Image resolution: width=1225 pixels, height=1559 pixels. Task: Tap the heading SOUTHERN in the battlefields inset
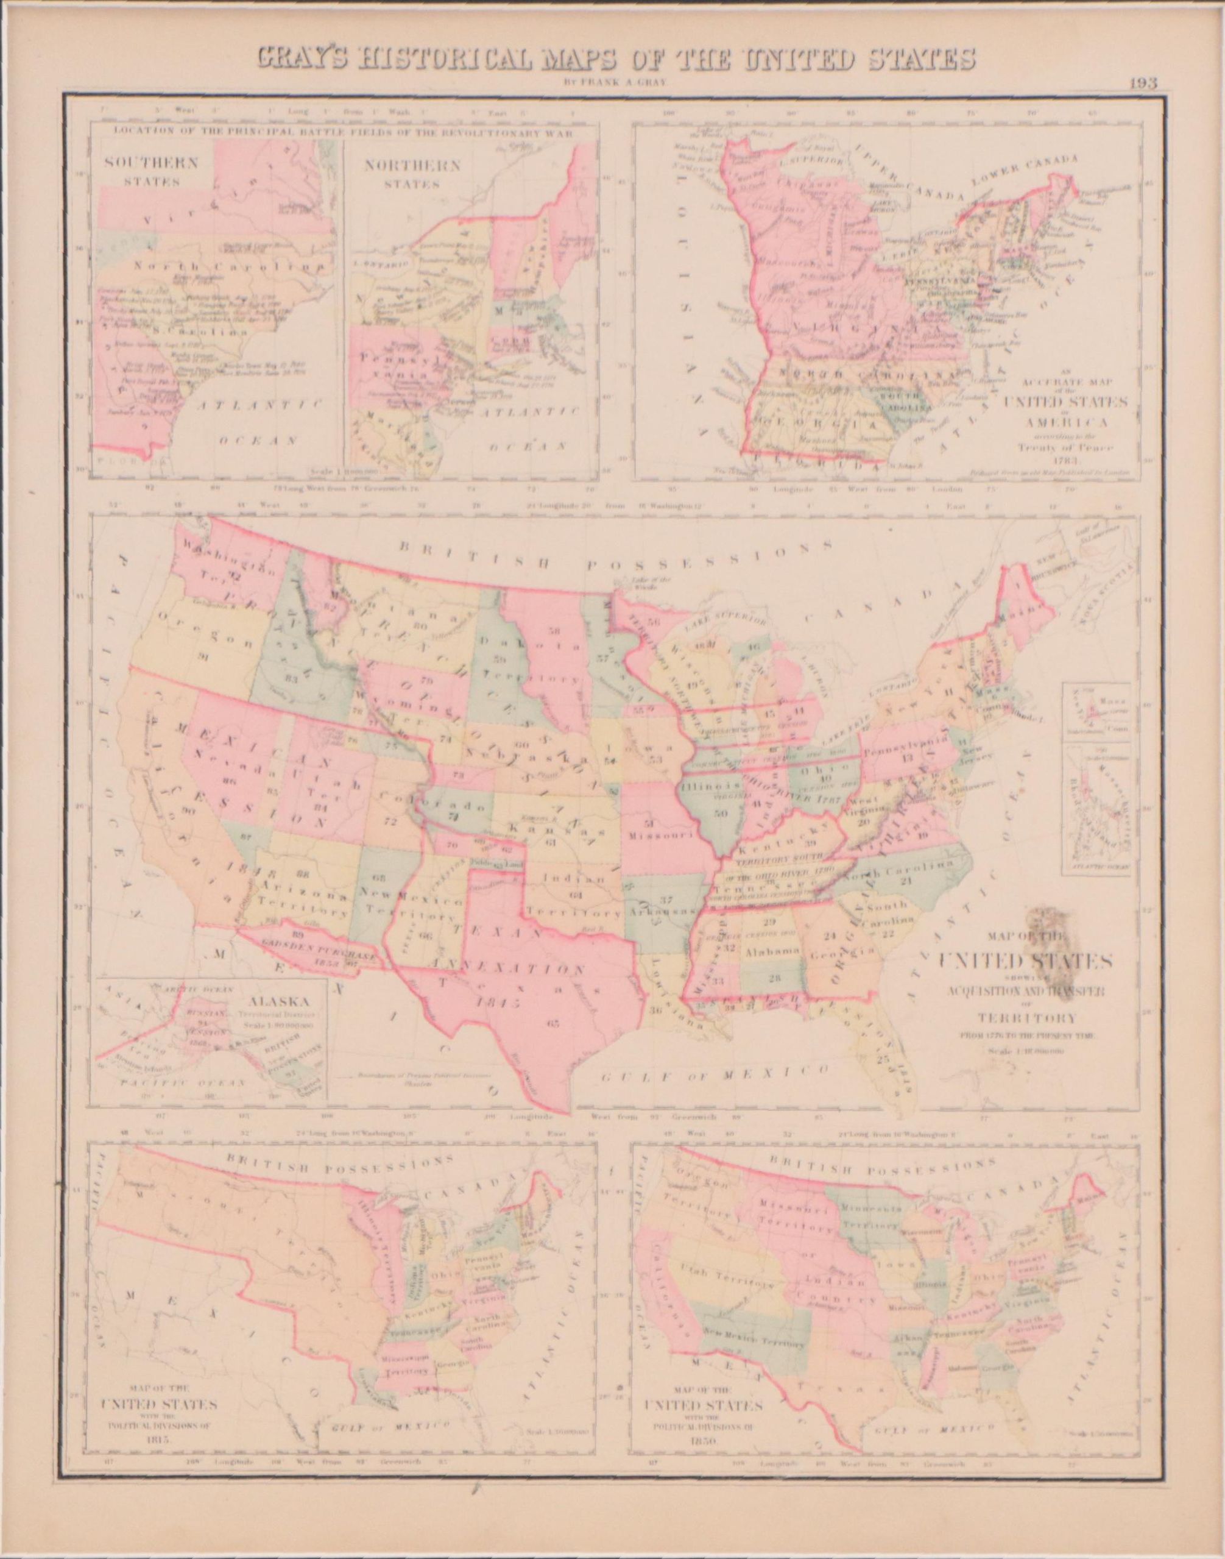[x=150, y=162]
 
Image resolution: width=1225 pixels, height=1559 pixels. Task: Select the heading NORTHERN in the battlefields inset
[x=412, y=166]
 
